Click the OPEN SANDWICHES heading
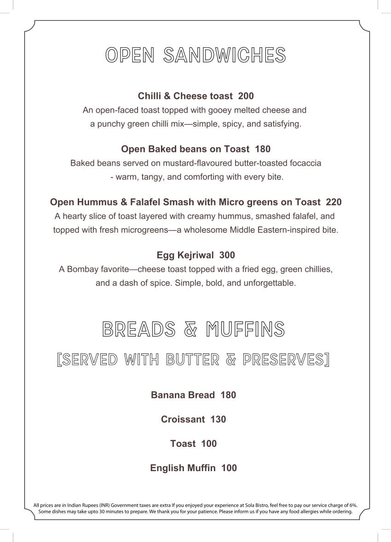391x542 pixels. (195, 55)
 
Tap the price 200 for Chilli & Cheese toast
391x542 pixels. (246, 96)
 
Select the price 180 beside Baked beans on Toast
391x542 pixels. (263, 149)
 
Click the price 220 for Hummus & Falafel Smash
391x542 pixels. (334, 202)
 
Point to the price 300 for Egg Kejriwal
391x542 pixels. (227, 255)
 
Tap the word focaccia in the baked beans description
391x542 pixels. (305, 163)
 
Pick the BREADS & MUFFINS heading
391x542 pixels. (194, 329)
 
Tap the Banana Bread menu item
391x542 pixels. (183, 395)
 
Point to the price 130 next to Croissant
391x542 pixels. (218, 419)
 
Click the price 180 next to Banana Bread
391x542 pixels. (228, 395)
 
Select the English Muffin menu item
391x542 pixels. (183, 468)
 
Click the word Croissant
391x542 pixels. (183, 419)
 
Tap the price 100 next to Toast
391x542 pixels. (209, 444)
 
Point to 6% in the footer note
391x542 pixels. (352, 505)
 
